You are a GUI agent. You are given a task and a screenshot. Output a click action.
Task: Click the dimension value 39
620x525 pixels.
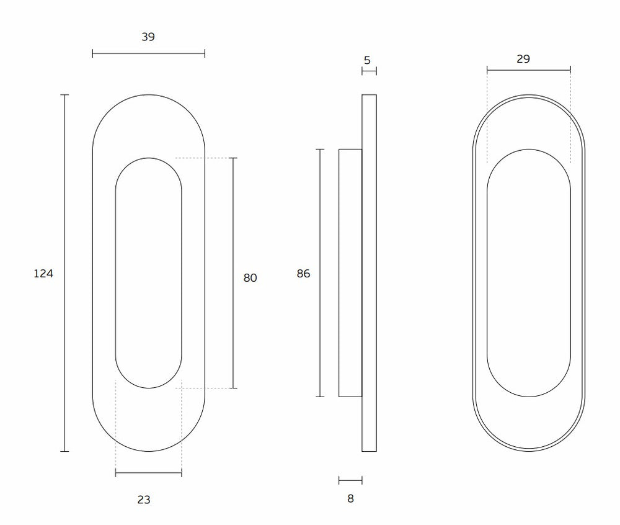click(148, 37)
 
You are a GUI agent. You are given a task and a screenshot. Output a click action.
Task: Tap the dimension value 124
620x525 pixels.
click(43, 274)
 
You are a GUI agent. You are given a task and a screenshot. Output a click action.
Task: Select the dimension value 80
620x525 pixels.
click(250, 278)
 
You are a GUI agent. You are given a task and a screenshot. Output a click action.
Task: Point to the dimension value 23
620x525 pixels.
click(144, 500)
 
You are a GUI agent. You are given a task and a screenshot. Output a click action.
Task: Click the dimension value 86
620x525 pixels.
click(303, 274)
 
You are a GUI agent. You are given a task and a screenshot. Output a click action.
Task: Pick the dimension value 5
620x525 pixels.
click(367, 60)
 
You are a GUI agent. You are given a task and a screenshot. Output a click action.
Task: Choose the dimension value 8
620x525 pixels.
click(350, 498)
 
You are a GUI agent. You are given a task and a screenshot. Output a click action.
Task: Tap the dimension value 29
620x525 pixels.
click(523, 59)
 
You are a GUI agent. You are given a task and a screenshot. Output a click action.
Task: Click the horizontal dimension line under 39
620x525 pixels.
click(148, 53)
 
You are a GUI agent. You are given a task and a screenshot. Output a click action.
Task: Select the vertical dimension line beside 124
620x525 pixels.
click(64, 273)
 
